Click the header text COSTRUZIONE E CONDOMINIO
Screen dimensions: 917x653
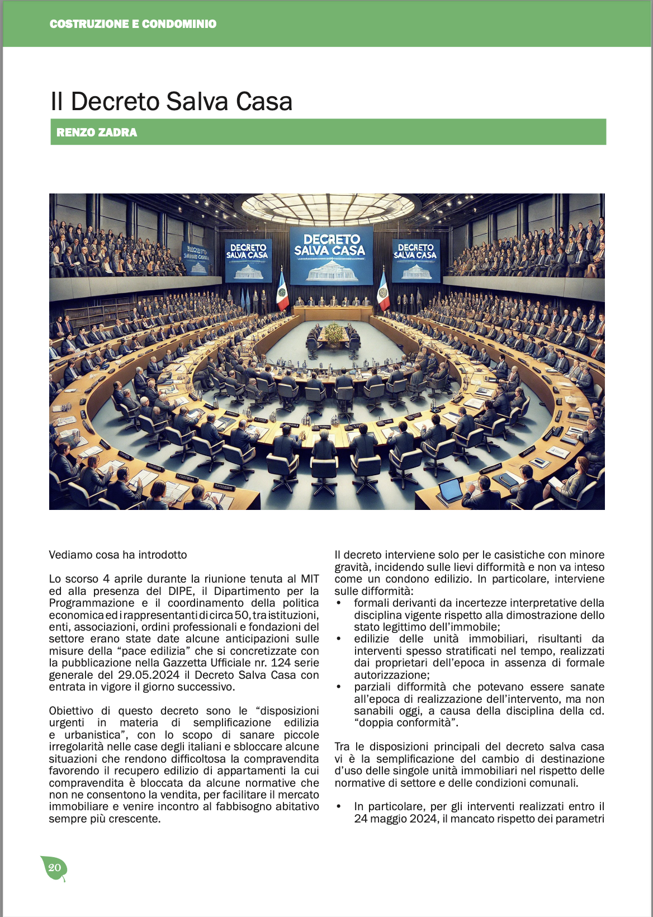point(133,24)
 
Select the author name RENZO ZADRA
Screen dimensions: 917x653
point(97,133)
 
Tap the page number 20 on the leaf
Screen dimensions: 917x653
point(54,868)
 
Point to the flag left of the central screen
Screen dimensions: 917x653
point(282,291)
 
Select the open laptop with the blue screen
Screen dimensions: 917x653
point(451,490)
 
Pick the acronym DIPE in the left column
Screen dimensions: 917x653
point(182,591)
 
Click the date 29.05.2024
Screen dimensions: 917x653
point(149,675)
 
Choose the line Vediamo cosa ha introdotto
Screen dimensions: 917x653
point(118,555)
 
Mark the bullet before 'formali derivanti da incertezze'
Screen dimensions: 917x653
point(339,603)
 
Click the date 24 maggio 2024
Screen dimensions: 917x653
point(396,819)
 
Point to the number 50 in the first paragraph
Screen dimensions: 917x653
point(242,615)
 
